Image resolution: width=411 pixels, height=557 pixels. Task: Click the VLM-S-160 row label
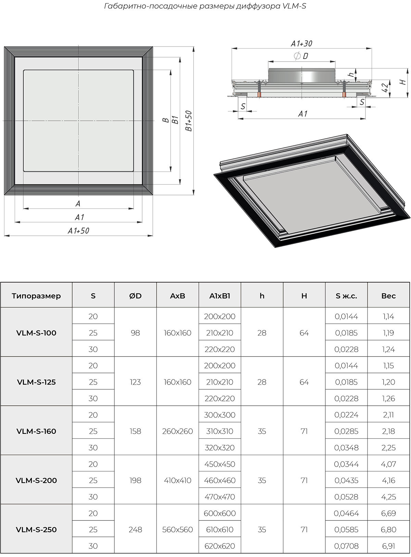click(36, 431)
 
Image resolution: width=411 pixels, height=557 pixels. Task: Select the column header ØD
click(135, 296)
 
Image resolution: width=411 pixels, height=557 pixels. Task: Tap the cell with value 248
click(135, 529)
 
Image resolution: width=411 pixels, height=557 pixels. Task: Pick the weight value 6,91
click(388, 546)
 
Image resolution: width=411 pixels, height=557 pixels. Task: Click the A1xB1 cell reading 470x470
click(220, 496)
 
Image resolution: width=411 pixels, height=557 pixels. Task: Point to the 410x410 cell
click(177, 480)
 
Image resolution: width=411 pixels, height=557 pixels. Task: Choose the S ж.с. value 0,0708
click(346, 546)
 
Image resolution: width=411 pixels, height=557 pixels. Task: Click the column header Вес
click(388, 296)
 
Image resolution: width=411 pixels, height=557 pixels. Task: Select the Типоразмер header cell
click(36, 296)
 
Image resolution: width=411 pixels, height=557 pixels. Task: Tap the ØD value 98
click(135, 333)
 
